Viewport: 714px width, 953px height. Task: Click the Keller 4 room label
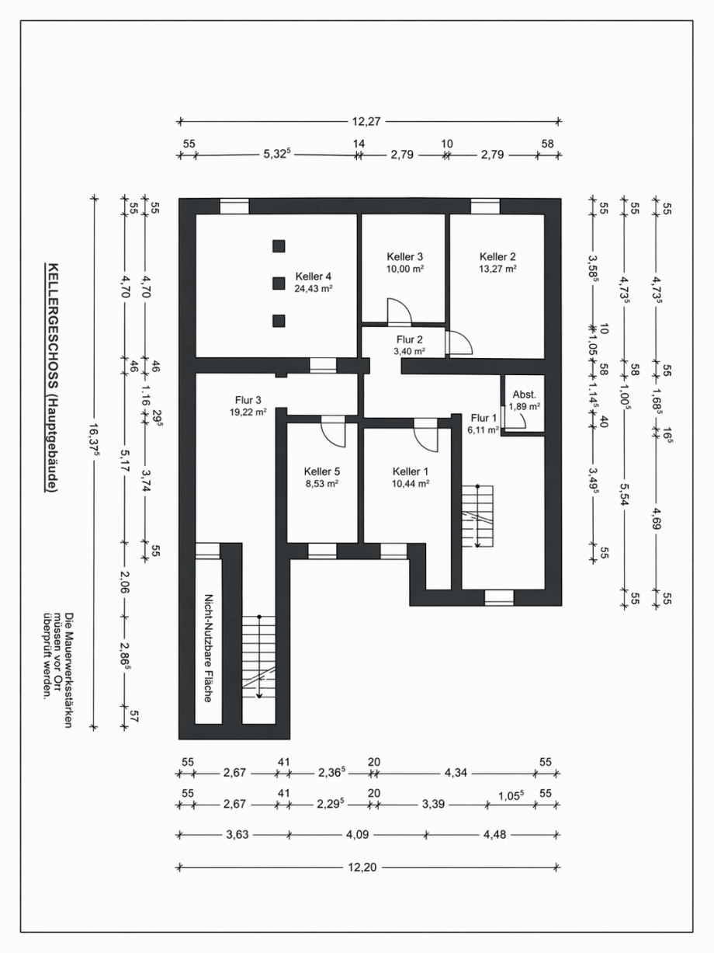click(314, 277)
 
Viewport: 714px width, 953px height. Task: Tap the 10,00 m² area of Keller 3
click(405, 269)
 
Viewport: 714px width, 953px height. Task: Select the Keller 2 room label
click(497, 256)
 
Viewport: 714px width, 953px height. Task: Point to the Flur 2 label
click(410, 339)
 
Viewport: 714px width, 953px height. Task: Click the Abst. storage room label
click(525, 395)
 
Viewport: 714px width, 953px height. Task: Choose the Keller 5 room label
click(322, 471)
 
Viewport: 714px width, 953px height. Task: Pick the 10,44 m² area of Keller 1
click(411, 484)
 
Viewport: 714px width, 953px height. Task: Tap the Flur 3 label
click(248, 400)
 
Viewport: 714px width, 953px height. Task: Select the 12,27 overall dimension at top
click(366, 122)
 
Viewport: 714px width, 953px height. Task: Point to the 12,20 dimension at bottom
click(362, 868)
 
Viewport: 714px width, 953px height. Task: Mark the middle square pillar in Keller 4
click(279, 283)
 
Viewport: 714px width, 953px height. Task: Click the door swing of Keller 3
click(399, 311)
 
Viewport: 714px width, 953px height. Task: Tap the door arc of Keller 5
click(333, 432)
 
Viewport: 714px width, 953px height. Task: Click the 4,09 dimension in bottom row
click(358, 835)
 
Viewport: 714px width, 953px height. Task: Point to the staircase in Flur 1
click(477, 516)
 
